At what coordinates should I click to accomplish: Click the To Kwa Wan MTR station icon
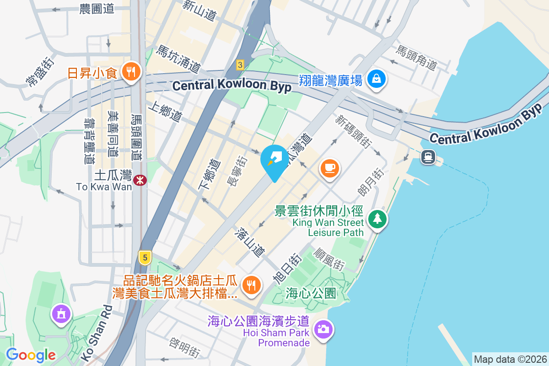(140, 180)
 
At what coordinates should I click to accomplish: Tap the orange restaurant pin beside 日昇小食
(131, 72)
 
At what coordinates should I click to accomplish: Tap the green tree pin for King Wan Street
(377, 219)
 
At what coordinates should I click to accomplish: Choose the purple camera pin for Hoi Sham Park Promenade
(323, 329)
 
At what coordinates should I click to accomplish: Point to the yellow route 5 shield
(145, 258)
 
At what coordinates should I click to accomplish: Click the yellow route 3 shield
(240, 65)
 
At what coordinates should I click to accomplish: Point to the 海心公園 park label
(311, 293)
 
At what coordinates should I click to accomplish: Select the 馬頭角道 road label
(417, 58)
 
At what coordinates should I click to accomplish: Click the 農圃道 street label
(97, 9)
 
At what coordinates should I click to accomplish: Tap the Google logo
(31, 355)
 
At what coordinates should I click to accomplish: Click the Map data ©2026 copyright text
(510, 360)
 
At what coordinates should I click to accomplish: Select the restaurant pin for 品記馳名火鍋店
(251, 285)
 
